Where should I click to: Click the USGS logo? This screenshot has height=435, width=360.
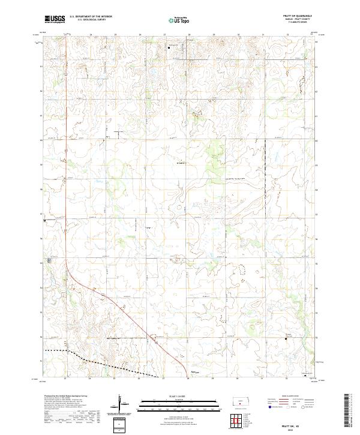(55, 20)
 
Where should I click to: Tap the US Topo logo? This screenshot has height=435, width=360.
(179, 20)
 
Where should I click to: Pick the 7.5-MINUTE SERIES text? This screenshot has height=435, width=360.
(298, 23)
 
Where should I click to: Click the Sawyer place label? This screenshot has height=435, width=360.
(194, 373)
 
